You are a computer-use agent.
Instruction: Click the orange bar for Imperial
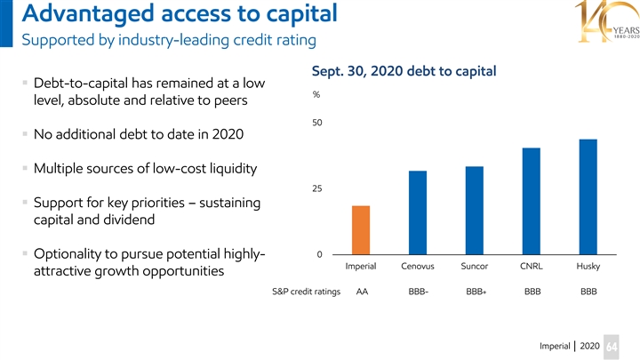(x=361, y=230)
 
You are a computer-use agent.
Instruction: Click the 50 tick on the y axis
(x=317, y=124)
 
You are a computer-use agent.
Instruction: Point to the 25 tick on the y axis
(x=317, y=189)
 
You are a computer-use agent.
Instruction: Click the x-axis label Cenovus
(x=418, y=268)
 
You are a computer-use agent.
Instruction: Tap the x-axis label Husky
(x=588, y=268)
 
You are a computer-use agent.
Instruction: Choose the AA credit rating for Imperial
(x=362, y=292)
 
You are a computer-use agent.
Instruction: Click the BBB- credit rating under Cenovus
(x=418, y=292)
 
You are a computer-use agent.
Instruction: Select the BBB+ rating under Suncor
(x=475, y=292)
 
